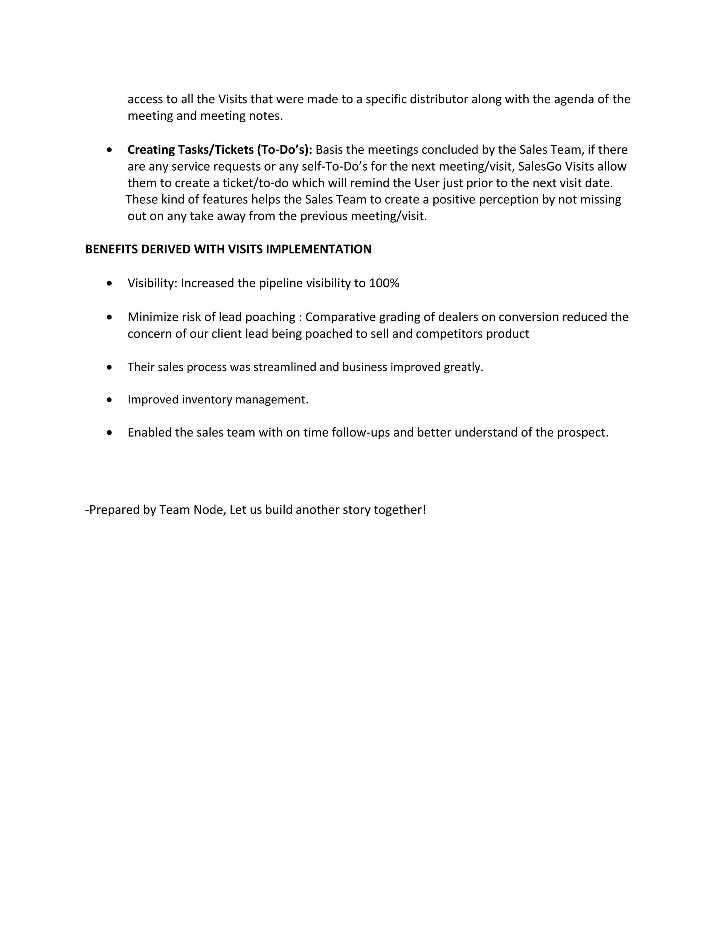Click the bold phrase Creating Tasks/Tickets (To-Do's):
220,150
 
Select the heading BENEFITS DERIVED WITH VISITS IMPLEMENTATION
228,249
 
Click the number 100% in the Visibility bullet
384,283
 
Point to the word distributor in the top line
439,99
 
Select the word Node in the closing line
210,510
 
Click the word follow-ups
361,432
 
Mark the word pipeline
280,283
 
